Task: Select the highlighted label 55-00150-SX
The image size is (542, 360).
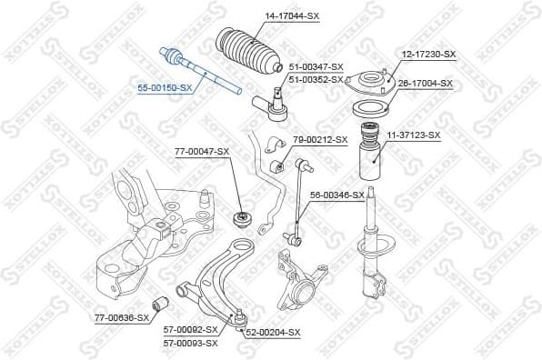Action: tap(165, 87)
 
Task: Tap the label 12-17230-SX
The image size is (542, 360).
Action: tap(429, 55)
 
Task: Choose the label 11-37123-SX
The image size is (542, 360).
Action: tap(414, 135)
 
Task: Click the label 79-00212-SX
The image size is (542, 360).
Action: tap(320, 139)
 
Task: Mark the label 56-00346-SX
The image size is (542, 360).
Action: tap(336, 195)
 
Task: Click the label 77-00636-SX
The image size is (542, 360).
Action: tap(121, 317)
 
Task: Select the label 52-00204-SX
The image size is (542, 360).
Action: tap(273, 333)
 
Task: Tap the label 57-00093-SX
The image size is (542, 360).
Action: tap(190, 343)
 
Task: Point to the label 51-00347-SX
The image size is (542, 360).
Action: tap(316, 67)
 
